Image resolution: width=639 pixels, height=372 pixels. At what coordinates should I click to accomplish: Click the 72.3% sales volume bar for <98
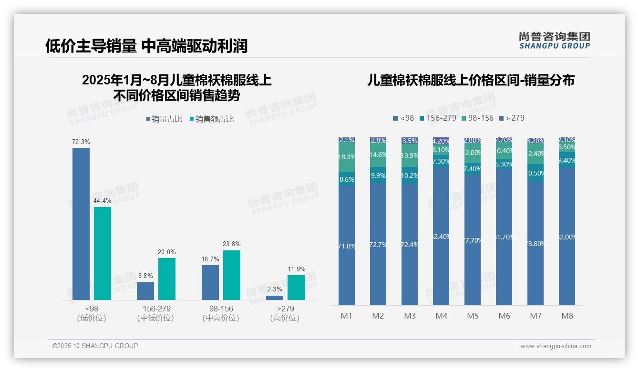coord(81,224)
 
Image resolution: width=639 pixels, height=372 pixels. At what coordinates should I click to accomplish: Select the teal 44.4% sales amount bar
coord(103,253)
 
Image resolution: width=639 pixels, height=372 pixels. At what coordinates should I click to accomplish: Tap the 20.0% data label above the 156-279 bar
coord(167,252)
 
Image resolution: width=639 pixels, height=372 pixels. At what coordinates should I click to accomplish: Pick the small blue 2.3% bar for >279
coord(275,298)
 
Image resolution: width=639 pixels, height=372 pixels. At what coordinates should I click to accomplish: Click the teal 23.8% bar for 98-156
coord(232,275)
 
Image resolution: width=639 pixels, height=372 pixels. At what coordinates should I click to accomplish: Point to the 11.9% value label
coord(297,269)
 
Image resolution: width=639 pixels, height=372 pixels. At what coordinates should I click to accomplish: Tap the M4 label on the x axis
coord(441,316)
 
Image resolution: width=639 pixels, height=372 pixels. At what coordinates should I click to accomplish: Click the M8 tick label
coord(567,316)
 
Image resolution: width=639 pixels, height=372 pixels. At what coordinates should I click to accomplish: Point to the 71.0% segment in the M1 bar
coord(347,246)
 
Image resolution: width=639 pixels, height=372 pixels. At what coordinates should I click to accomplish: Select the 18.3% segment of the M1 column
coord(347,157)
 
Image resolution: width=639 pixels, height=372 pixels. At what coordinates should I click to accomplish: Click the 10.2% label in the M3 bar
coord(410,176)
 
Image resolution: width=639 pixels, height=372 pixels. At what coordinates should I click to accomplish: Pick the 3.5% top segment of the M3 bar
coord(410,141)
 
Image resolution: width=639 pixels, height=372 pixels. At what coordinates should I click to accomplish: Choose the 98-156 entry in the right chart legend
coord(478,118)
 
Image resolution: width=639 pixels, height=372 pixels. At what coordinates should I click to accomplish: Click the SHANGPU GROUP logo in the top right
coord(554,40)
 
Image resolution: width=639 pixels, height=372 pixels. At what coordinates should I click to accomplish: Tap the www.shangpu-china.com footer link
coord(556,346)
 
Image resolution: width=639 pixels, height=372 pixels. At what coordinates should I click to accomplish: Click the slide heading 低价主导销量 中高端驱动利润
coord(146,46)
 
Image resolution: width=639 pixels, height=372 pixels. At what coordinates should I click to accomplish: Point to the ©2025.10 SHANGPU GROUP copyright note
coord(95,346)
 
